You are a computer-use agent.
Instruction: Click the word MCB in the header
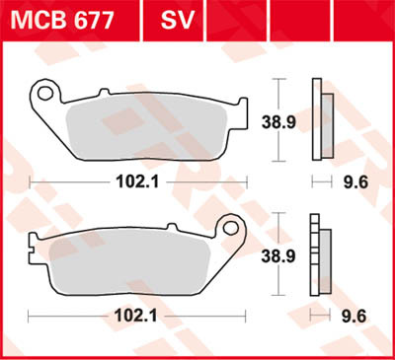click(x=37, y=18)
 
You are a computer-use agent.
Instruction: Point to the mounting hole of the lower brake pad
click(x=234, y=228)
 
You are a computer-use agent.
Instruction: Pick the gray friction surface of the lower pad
click(x=133, y=261)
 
